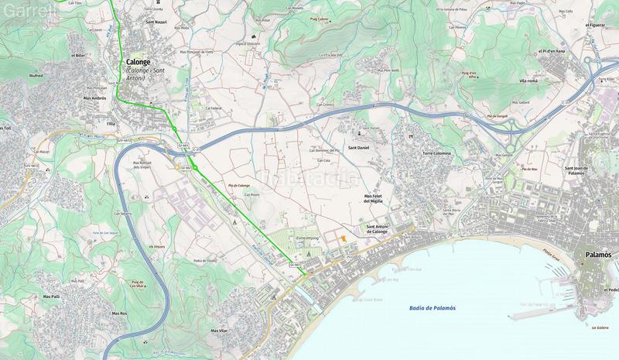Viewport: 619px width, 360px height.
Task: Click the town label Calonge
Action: (139, 62)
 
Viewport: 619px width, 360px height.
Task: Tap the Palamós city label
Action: (598, 254)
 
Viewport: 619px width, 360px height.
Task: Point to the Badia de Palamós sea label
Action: (432, 308)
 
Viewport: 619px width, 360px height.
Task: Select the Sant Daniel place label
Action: (359, 147)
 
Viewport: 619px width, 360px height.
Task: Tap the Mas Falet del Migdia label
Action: (375, 199)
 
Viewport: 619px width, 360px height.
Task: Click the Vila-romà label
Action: (528, 80)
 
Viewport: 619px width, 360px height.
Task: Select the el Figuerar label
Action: (595, 25)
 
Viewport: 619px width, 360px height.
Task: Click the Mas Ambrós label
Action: (94, 99)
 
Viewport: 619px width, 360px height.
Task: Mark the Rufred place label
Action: (36, 77)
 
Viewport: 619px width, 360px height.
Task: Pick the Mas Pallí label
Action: (52, 297)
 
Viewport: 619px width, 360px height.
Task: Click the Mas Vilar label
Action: (219, 331)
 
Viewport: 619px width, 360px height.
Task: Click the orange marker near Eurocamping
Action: (343, 238)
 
